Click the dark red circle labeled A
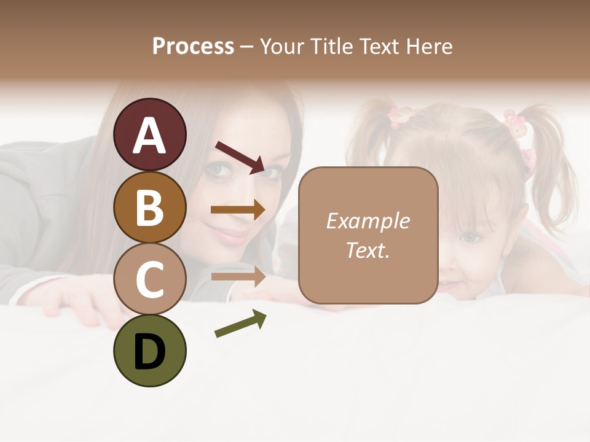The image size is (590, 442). click(149, 134)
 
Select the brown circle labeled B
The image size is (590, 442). click(149, 207)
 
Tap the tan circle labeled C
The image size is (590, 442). click(149, 279)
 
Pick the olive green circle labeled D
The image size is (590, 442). click(149, 351)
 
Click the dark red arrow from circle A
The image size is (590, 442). click(240, 157)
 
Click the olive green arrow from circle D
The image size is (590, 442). click(240, 324)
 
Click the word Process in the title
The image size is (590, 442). click(193, 46)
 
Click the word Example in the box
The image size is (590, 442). click(368, 221)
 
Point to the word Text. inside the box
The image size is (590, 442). click(368, 250)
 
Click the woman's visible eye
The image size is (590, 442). click(216, 170)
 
